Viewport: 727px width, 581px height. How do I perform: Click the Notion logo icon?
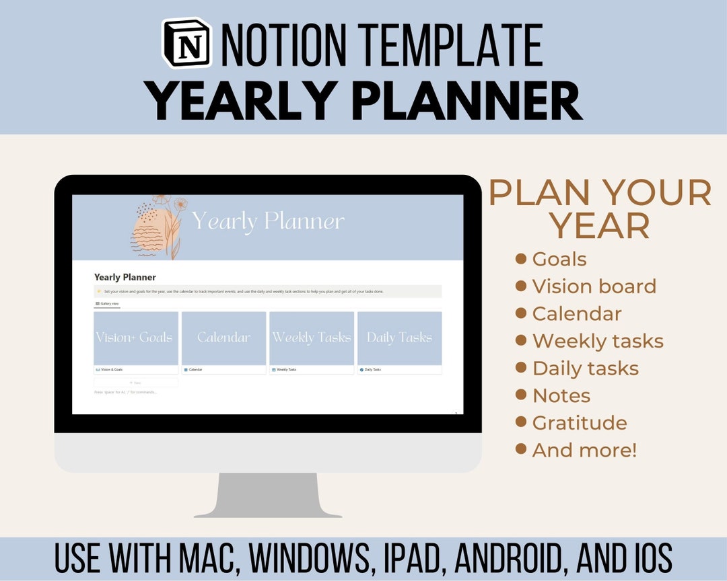click(x=187, y=44)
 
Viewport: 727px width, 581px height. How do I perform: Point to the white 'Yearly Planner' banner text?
click(x=268, y=221)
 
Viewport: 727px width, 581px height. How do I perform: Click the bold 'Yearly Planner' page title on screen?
click(x=125, y=277)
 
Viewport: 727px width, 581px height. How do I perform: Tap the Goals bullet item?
click(x=559, y=259)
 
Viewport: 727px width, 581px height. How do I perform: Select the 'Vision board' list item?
click(x=594, y=286)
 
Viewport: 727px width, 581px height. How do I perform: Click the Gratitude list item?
click(x=579, y=423)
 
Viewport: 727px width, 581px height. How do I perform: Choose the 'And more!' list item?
click(x=584, y=450)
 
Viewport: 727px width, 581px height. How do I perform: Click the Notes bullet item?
click(x=561, y=395)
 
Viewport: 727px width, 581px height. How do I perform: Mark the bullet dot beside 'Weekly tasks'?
click(x=520, y=341)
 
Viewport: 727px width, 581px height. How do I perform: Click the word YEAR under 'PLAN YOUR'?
click(x=600, y=227)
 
